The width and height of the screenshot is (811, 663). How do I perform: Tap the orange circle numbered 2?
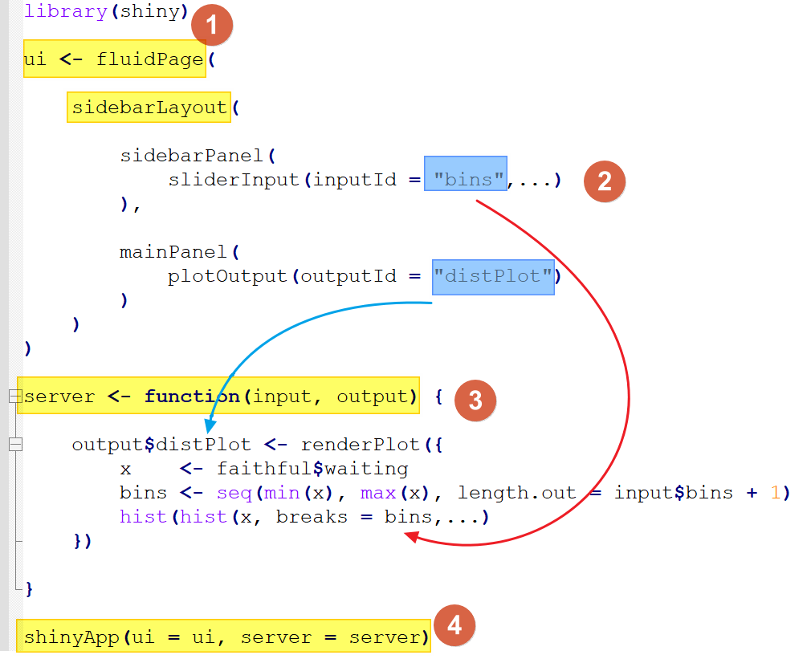coord(605,181)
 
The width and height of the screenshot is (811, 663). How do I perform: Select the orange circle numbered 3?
coord(475,400)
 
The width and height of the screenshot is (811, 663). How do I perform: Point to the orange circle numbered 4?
coord(454,624)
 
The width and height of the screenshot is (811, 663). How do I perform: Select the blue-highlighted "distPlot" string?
coord(493,277)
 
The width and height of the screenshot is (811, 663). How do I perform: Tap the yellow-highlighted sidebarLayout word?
coord(149,108)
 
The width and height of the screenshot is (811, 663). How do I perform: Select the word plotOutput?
coord(227,276)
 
